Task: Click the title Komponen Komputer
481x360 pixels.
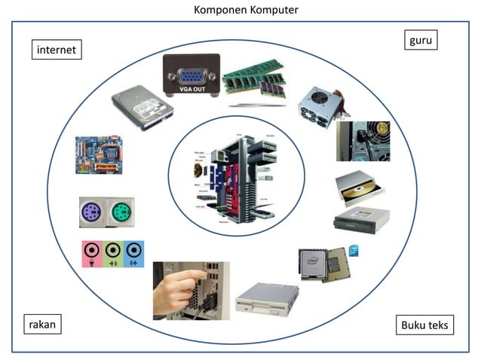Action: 240,10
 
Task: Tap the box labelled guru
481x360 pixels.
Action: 420,40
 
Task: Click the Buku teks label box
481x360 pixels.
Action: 424,325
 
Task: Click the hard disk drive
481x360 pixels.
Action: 142,108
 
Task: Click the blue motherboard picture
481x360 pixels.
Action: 99,155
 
